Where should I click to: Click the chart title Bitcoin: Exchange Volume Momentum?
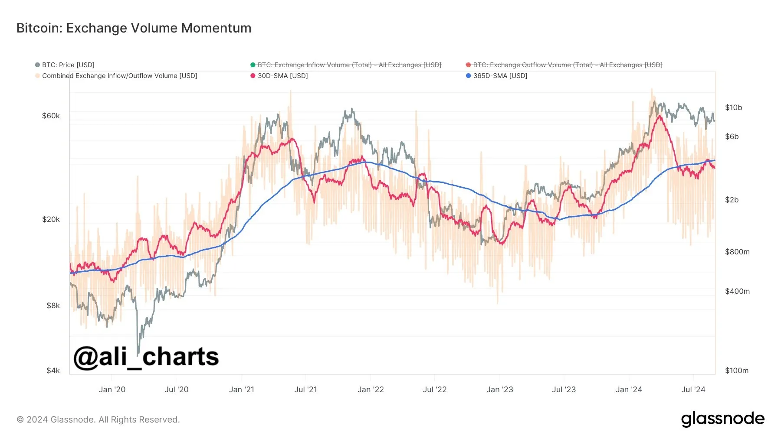click(x=134, y=28)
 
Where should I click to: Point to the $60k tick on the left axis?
click(x=51, y=116)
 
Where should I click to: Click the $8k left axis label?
click(x=53, y=306)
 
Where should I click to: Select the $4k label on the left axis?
click(x=53, y=371)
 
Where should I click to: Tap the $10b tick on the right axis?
click(x=733, y=107)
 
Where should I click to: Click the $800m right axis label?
click(x=737, y=252)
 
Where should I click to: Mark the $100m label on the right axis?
click(x=737, y=371)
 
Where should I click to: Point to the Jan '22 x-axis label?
click(x=371, y=390)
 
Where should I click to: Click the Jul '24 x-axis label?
click(x=693, y=390)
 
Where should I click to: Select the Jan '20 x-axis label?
click(x=112, y=390)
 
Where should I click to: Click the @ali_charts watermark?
click(x=146, y=357)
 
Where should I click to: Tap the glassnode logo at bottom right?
click(x=722, y=419)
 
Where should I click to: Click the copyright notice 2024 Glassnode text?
click(x=98, y=419)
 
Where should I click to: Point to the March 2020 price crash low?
click(x=138, y=353)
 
